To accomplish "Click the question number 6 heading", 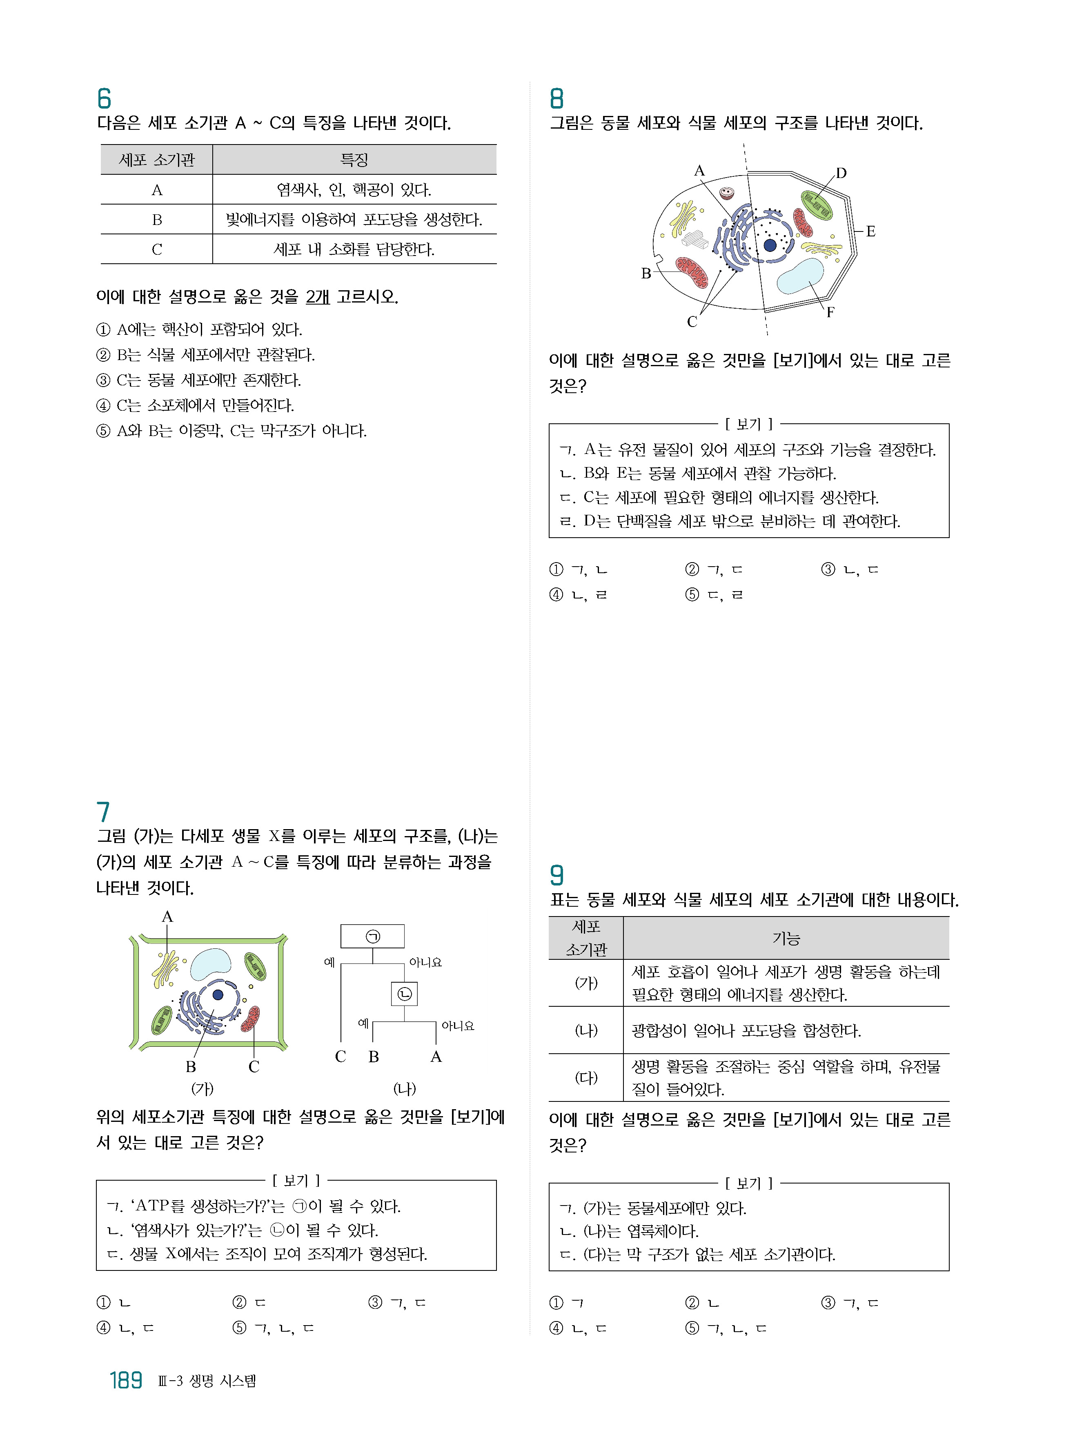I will coord(104,99).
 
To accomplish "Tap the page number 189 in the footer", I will coord(125,1380).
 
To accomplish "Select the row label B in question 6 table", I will coord(157,220).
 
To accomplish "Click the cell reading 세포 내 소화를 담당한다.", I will coord(354,249).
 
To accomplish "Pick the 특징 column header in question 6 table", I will coord(354,160).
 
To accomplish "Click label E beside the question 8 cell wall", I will coord(870,231).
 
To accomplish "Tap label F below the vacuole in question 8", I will coord(830,312).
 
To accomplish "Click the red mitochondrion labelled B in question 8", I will coord(692,272).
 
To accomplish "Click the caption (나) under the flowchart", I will coord(404,1088).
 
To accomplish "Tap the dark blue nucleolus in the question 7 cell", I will coord(218,994).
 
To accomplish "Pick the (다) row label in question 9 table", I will coord(586,1077).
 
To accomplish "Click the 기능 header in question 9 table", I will coord(786,939).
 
